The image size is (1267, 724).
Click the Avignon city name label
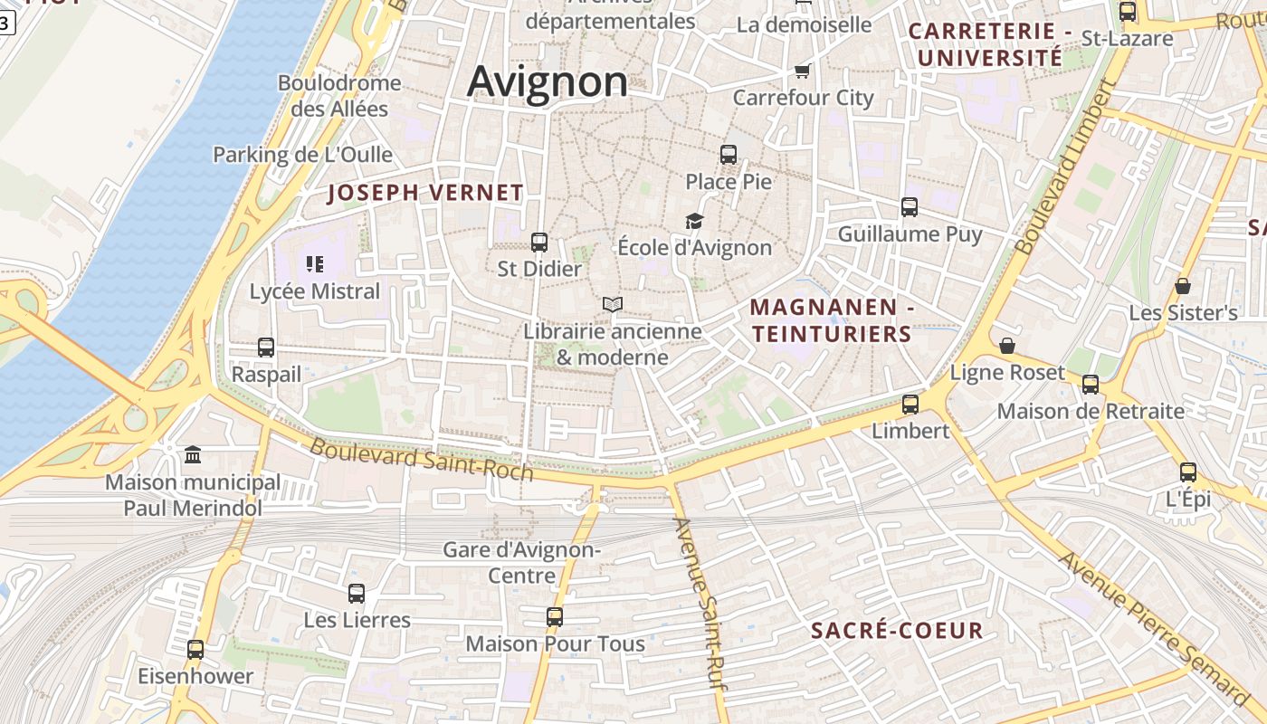547,81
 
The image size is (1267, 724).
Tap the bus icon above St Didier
539,243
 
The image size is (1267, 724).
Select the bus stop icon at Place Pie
729,155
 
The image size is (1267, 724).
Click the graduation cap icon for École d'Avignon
694,221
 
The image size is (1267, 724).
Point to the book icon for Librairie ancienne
613,304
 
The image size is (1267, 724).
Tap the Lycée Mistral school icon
315,264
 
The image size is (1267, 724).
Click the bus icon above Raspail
266,348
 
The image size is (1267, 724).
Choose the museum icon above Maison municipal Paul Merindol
193,454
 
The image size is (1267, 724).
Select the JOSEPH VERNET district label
425,193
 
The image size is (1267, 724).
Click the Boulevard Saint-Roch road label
421,460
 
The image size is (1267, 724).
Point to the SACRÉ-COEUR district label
897,631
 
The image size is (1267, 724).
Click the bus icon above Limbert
910,405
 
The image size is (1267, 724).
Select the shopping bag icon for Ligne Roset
1007,346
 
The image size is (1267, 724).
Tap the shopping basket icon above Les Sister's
1183,286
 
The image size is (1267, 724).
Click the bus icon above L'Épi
1188,472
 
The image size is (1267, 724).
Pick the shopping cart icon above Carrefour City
803,71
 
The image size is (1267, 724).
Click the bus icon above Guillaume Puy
910,207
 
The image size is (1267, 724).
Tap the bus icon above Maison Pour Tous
555,617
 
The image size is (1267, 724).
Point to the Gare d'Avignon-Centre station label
521,562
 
